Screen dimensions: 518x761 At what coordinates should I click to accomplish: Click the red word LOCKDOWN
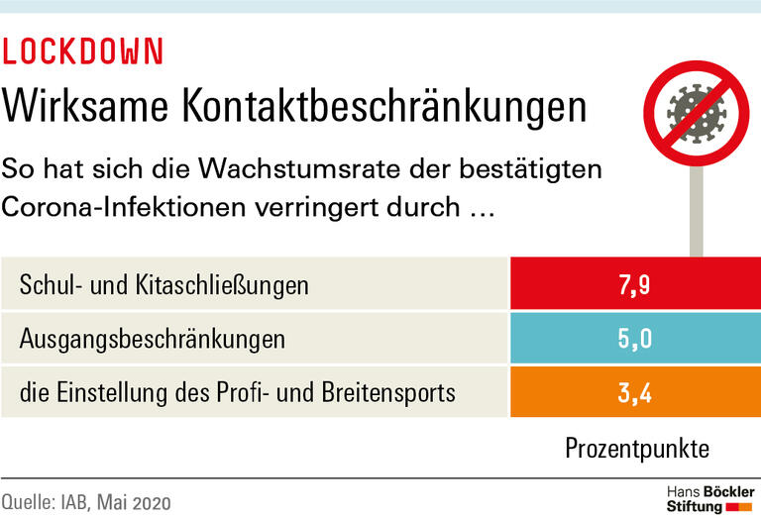click(x=83, y=52)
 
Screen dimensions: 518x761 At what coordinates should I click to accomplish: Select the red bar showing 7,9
click(x=634, y=285)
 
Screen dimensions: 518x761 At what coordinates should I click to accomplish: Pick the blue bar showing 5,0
click(x=634, y=339)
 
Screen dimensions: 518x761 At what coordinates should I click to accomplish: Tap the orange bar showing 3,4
click(x=634, y=392)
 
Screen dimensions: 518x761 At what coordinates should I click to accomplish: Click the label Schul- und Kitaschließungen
click(x=164, y=286)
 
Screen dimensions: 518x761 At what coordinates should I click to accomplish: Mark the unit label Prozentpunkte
click(x=637, y=448)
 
